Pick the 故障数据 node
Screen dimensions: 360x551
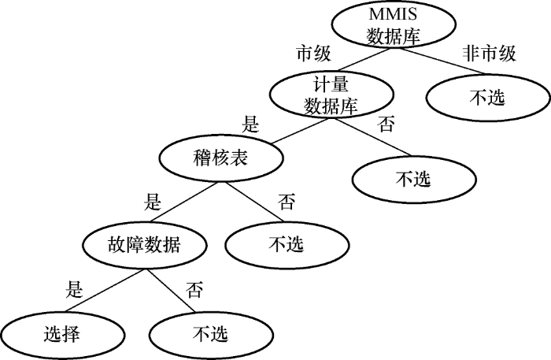pyautogui.click(x=143, y=245)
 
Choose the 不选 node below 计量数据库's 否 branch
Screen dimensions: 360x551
pyautogui.click(x=412, y=178)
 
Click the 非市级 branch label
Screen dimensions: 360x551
pyautogui.click(x=489, y=54)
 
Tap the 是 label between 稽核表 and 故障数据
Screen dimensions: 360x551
pyautogui.click(x=153, y=202)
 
